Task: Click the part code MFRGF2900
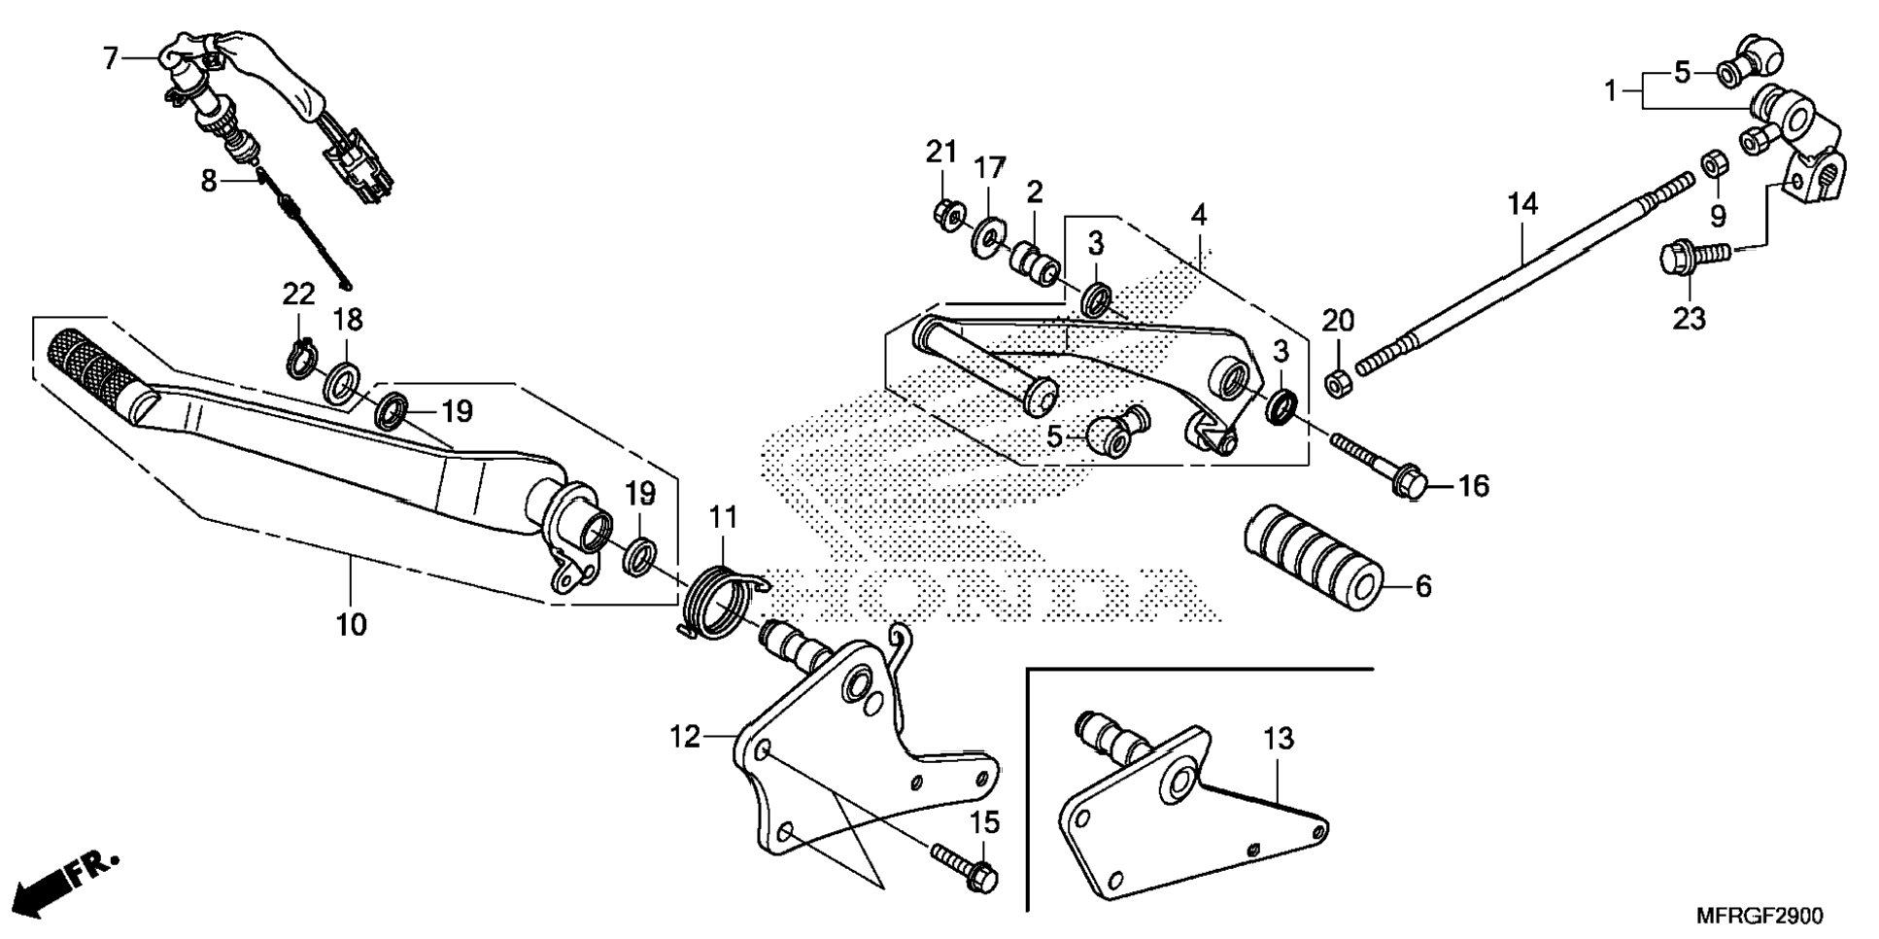(1759, 917)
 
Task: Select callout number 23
(1689, 318)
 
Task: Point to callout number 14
(1523, 204)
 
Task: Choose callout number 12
(685, 737)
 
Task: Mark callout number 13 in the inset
(1279, 739)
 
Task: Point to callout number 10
(351, 624)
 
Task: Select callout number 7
(110, 59)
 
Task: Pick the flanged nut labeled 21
(945, 210)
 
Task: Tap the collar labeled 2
(1034, 262)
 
